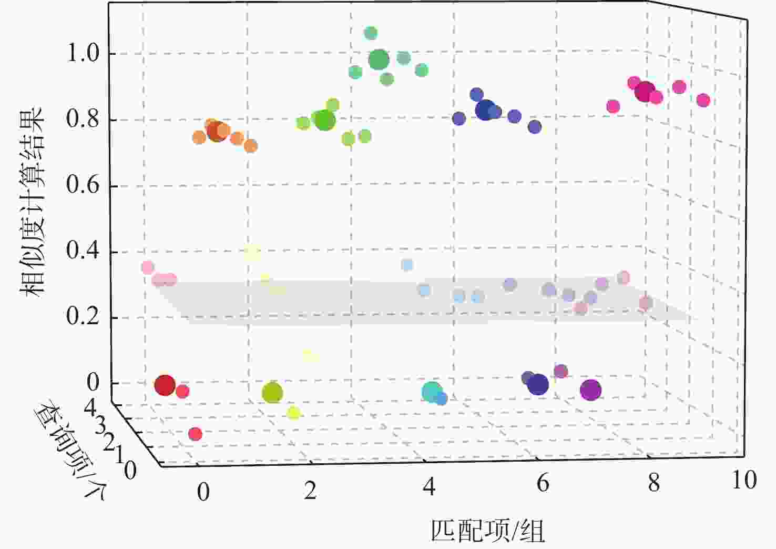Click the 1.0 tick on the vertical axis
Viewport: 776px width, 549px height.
click(84, 53)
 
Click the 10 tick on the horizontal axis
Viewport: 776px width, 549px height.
click(744, 480)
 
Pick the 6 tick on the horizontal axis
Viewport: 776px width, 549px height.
click(543, 483)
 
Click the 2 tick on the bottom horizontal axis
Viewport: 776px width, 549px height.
click(310, 491)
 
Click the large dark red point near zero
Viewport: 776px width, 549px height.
click(165, 385)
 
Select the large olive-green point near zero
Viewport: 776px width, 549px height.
click(272, 392)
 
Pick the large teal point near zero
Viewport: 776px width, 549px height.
click(432, 392)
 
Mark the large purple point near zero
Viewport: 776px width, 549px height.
click(590, 390)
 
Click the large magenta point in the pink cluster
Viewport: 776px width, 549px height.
click(644, 92)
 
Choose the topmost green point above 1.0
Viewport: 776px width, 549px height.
click(371, 33)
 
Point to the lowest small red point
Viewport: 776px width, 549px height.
click(195, 434)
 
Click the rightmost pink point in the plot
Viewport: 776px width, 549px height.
click(703, 100)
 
